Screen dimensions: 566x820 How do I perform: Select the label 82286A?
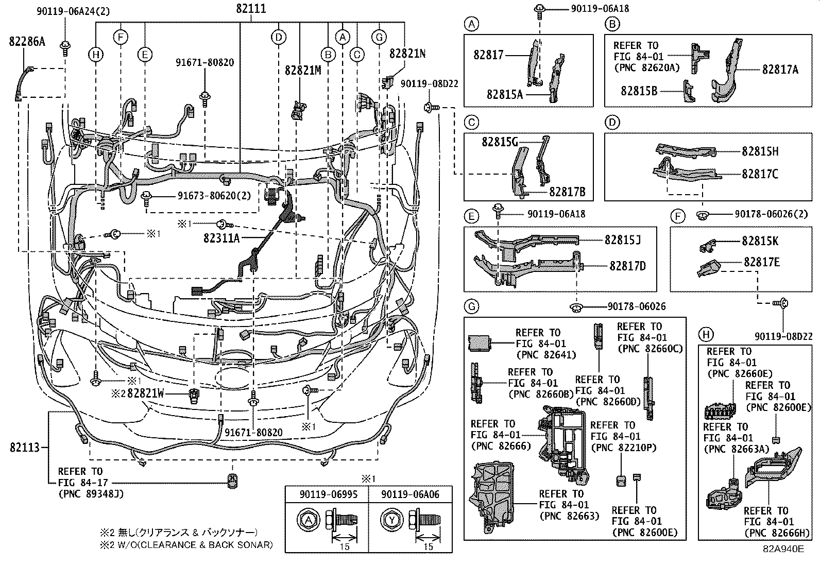point(27,42)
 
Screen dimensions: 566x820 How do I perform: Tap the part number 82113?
point(25,448)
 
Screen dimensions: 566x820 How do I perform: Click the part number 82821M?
point(303,71)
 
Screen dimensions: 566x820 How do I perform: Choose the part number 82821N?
point(407,53)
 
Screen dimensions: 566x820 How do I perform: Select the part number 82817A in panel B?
point(780,70)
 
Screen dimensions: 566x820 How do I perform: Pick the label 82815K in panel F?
point(760,241)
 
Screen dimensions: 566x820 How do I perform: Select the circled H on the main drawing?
point(95,55)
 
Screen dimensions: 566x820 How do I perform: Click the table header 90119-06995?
point(327,494)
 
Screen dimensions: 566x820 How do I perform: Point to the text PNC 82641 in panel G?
point(545,355)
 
